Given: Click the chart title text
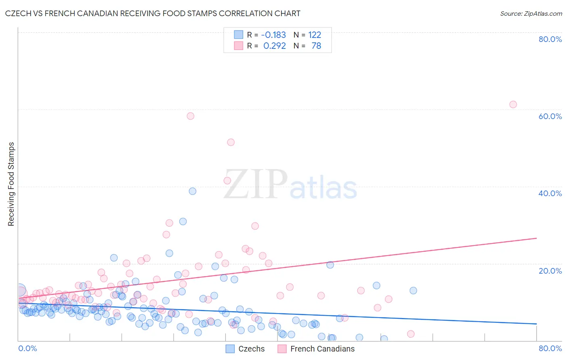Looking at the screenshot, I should pyautogui.click(x=152, y=13).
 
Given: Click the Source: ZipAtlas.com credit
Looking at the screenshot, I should pyautogui.click(x=531, y=13).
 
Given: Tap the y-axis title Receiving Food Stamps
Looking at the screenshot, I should pyautogui.click(x=11, y=184).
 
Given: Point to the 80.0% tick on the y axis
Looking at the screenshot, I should pyautogui.click(x=550, y=39).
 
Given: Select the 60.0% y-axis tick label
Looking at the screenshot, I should pyautogui.click(x=550, y=116).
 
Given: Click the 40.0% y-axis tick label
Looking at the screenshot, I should pyautogui.click(x=550, y=193).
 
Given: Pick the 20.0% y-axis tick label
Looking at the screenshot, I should pyautogui.click(x=550, y=270).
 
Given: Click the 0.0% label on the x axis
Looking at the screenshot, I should pyautogui.click(x=27, y=348).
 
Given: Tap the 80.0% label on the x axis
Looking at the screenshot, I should pyautogui.click(x=550, y=348).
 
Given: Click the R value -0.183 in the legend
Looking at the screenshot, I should pyautogui.click(x=273, y=35).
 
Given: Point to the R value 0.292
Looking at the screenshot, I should pyautogui.click(x=274, y=46).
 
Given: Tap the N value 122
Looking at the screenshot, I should pyautogui.click(x=315, y=35).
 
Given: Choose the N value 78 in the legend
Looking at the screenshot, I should pyautogui.click(x=316, y=46).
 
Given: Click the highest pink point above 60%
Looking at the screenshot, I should pyautogui.click(x=513, y=105).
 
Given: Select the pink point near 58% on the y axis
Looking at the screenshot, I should pyautogui.click(x=190, y=116).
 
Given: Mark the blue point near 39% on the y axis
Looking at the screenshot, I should pyautogui.click(x=192, y=191).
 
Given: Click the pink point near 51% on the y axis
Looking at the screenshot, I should pyautogui.click(x=231, y=142).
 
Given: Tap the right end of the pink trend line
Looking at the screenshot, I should pyautogui.click(x=536, y=238).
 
